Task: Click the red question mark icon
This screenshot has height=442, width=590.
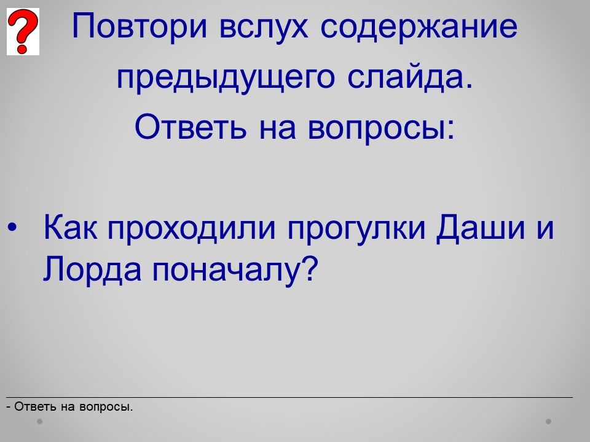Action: point(23,31)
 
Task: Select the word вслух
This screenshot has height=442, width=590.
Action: point(264,27)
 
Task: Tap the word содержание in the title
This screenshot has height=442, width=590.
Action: point(419,27)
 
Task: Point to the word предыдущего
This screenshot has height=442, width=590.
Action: point(226,78)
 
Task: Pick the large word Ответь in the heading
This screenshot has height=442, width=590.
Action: point(191,126)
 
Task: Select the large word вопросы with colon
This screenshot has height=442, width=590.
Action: point(381,128)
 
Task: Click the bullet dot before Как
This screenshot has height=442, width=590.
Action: point(12,227)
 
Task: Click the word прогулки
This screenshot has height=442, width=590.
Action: point(356,229)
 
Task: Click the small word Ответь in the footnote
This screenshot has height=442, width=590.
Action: point(36,406)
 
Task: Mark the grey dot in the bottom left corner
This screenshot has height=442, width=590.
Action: point(40,421)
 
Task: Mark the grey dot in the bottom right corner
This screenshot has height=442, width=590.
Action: point(549,421)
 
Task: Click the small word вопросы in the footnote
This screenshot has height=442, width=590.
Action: point(106,408)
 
